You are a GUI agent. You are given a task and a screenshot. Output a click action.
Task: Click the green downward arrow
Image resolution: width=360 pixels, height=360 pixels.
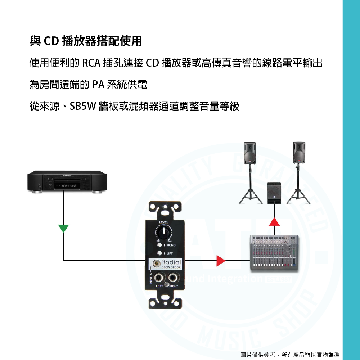[x=64, y=228]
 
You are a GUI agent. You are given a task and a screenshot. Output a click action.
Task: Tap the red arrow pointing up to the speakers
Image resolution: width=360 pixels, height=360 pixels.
[x=275, y=222]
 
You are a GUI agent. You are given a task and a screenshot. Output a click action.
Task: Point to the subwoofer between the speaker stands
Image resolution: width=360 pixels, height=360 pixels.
[x=274, y=193]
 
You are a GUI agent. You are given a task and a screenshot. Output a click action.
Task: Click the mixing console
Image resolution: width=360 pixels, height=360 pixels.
[x=274, y=253]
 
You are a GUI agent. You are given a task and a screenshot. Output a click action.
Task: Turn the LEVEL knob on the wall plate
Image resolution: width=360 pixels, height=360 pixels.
[x=164, y=233]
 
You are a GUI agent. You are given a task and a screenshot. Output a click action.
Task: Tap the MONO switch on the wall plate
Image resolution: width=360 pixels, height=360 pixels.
[x=159, y=245]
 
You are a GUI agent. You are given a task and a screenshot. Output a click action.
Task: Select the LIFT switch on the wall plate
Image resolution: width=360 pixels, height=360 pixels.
[x=159, y=253]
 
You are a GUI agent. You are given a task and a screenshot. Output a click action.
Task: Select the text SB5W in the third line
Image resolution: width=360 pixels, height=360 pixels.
[x=82, y=107]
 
